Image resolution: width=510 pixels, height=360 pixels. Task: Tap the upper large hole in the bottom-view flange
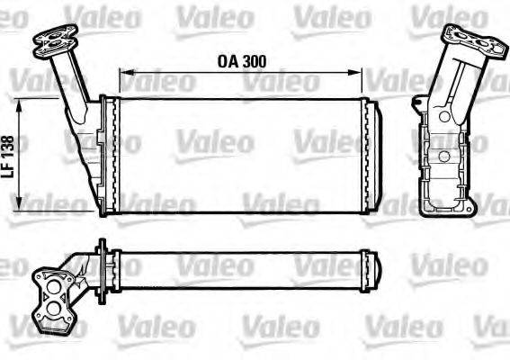60,287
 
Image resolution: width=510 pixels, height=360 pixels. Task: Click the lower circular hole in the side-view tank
442,157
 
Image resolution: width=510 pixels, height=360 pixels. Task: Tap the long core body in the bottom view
241,267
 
